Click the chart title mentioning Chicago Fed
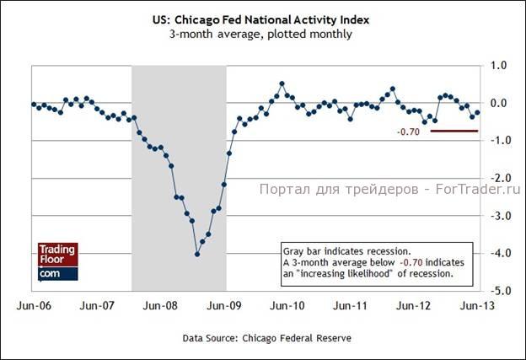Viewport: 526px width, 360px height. pyautogui.click(x=261, y=19)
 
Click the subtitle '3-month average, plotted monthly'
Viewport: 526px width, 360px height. pyautogui.click(x=261, y=35)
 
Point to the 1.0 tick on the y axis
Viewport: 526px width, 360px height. pyautogui.click(x=498, y=65)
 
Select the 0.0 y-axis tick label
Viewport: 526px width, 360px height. pyautogui.click(x=498, y=103)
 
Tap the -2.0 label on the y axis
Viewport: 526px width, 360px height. pyautogui.click(x=498, y=178)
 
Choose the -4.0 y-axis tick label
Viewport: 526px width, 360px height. pyautogui.click(x=498, y=253)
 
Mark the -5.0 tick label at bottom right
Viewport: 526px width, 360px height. pyautogui.click(x=498, y=290)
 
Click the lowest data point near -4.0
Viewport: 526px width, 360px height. pyautogui.click(x=196, y=254)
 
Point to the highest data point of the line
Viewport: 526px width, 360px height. pyautogui.click(x=282, y=83)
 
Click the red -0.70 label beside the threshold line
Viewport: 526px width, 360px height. pyautogui.click(x=408, y=132)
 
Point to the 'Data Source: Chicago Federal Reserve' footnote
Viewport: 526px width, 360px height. pyautogui.click(x=266, y=337)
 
